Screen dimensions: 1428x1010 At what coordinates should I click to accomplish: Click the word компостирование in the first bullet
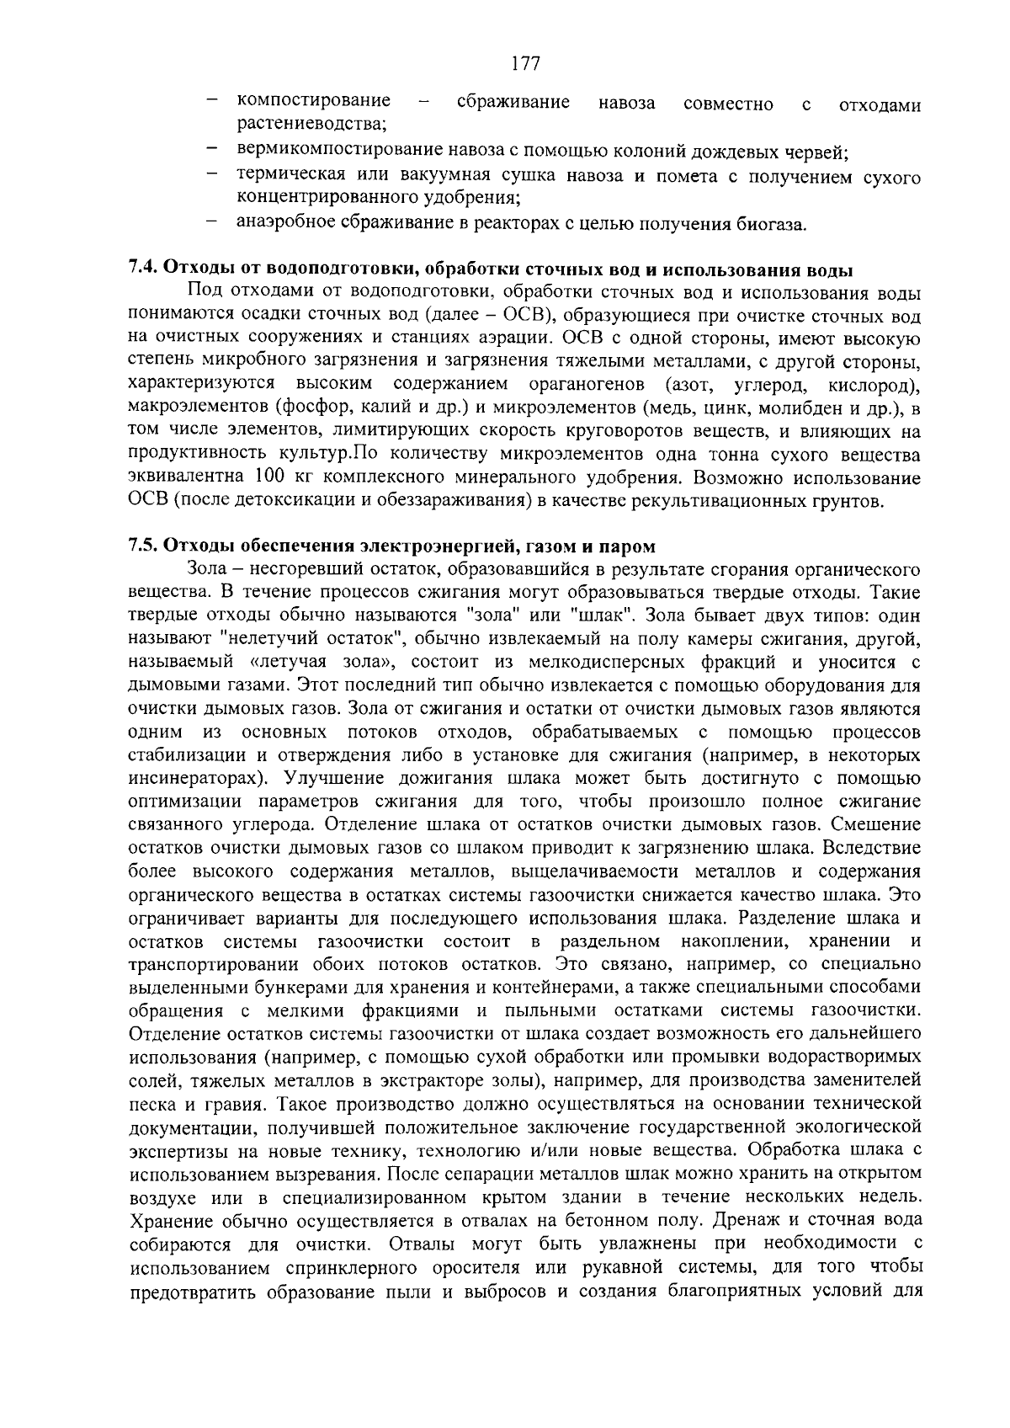click(314, 102)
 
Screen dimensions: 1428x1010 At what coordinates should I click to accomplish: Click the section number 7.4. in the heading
click(143, 270)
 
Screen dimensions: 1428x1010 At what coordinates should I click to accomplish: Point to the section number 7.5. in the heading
click(143, 546)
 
